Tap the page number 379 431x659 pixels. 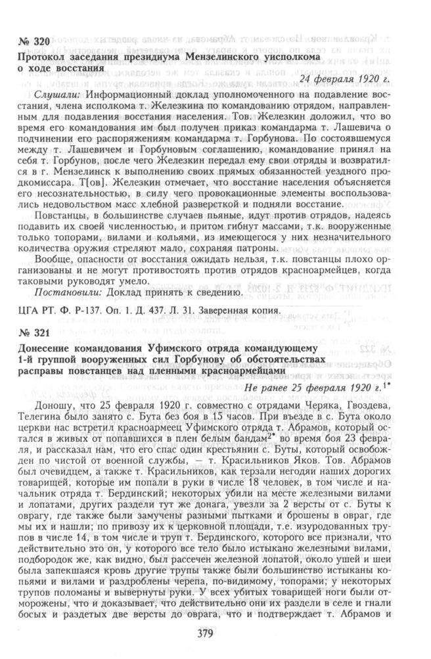click(216, 634)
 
